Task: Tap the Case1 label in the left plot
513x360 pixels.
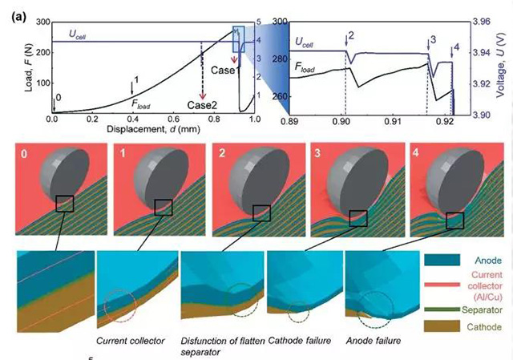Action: [225, 71]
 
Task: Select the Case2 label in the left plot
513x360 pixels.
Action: [201, 105]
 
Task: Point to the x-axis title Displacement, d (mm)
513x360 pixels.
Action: [151, 129]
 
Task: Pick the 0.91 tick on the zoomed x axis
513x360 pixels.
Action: [393, 122]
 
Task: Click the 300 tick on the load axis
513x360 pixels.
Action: [38, 22]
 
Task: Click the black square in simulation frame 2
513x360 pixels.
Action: [262, 212]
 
